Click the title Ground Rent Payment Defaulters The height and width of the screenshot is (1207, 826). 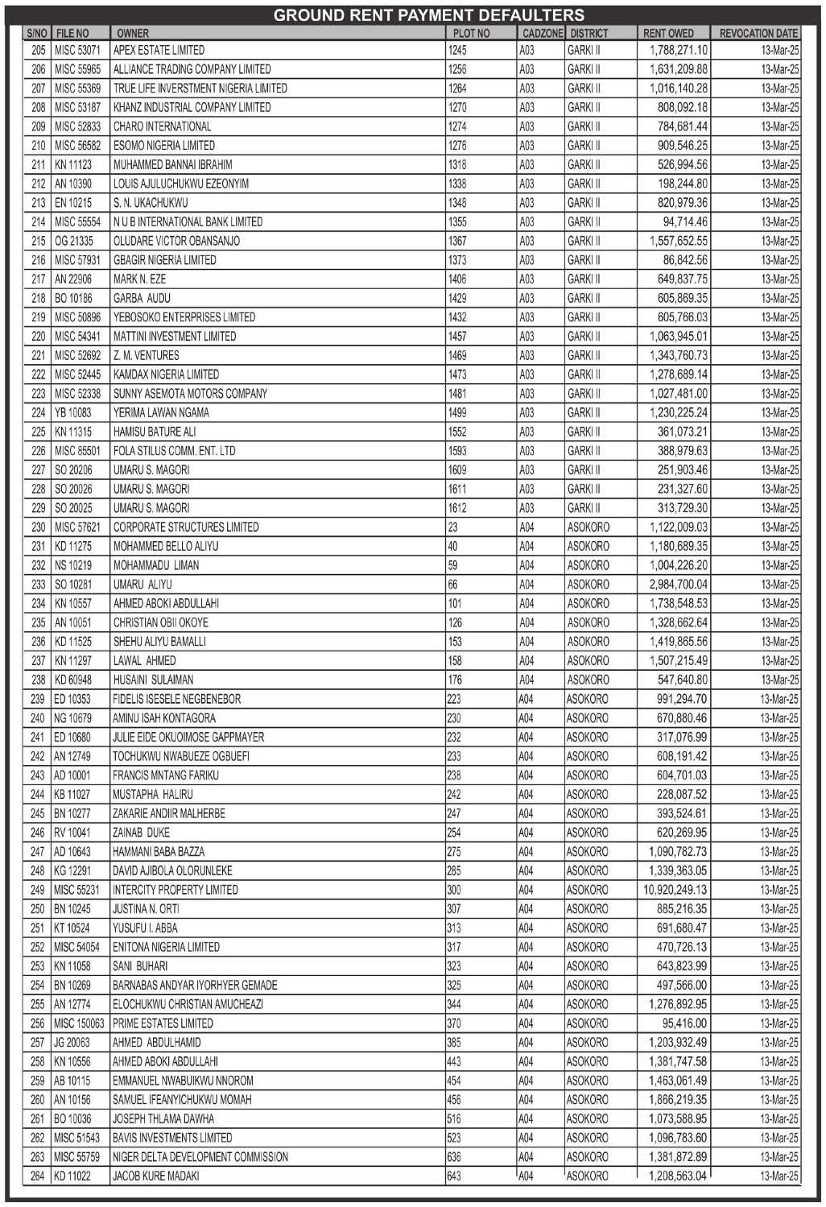(x=428, y=15)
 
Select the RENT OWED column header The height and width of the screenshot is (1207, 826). (x=668, y=33)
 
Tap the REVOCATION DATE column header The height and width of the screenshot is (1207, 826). (x=758, y=33)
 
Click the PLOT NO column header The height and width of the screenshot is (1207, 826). (x=471, y=33)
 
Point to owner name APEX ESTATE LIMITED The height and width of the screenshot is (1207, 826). (x=159, y=50)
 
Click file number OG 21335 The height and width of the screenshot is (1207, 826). (x=73, y=241)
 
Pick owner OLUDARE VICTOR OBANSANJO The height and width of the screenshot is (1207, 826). (x=176, y=241)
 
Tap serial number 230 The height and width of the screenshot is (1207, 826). (x=38, y=527)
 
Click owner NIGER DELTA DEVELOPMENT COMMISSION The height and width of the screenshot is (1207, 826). (x=200, y=1157)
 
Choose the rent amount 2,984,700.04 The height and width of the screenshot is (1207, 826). (x=678, y=585)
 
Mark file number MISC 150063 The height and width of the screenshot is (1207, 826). (x=79, y=1023)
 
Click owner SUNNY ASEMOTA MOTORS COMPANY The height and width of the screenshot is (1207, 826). (x=190, y=394)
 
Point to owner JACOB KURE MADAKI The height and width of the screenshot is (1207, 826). (x=155, y=1176)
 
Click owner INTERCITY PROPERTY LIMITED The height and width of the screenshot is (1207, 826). (x=175, y=890)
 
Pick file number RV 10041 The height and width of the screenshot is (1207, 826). (x=72, y=833)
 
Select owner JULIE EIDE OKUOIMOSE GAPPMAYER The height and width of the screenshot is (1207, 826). (x=188, y=738)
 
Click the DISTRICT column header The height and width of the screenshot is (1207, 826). (x=589, y=33)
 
